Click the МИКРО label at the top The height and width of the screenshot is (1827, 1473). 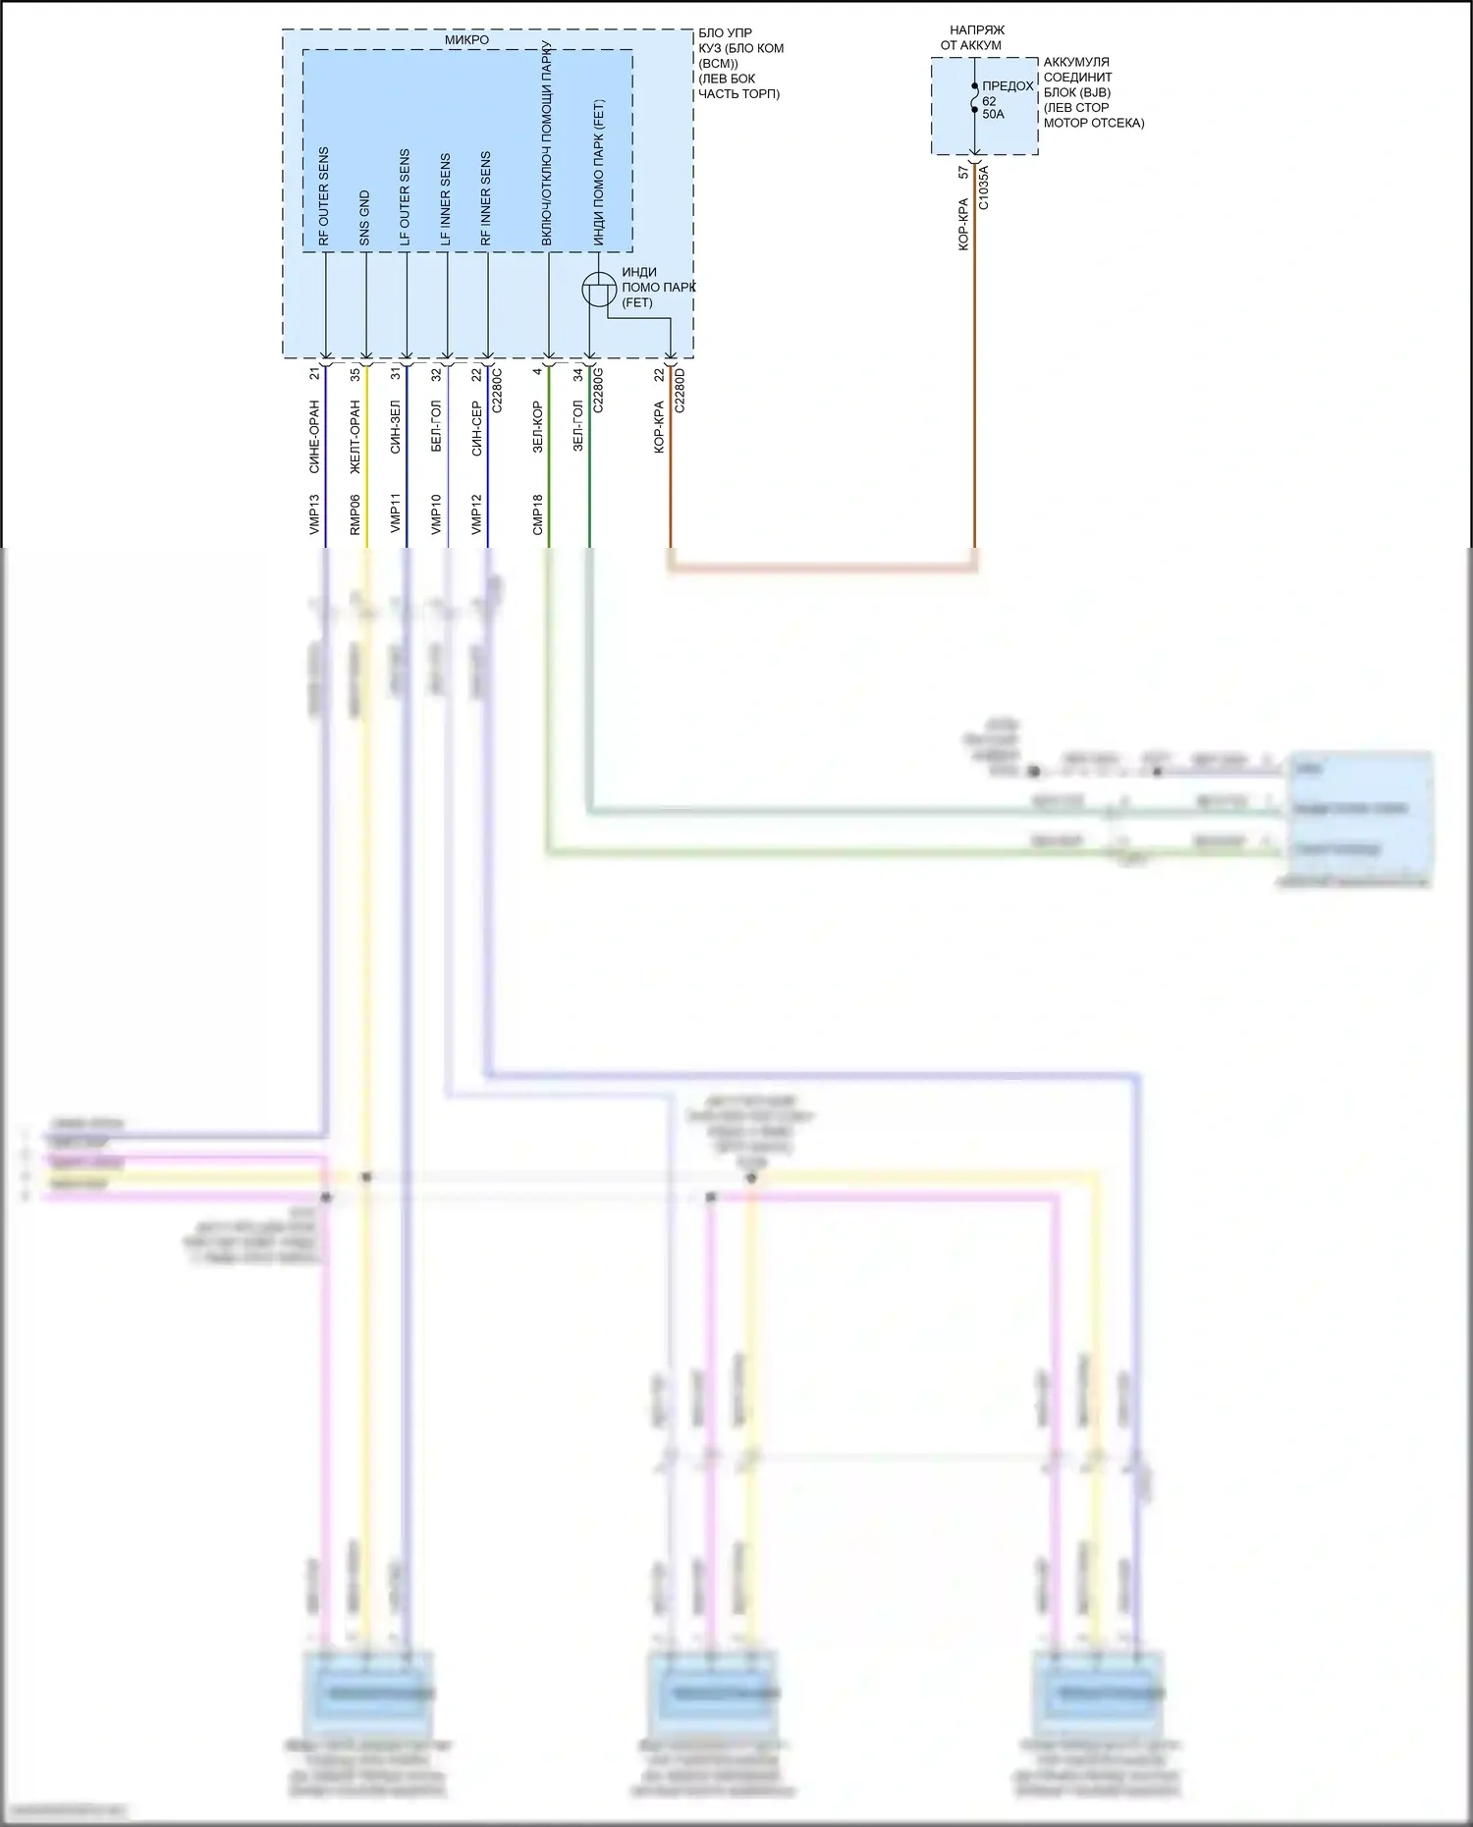466,40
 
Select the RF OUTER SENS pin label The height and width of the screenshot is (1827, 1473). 324,196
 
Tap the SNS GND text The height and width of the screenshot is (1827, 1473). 364,218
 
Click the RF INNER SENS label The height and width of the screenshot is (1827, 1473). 485,198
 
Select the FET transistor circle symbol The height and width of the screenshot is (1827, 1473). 599,290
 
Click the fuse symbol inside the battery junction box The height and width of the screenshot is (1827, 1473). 974,98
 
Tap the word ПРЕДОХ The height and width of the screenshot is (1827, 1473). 1008,86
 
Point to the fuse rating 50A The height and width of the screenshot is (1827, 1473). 993,115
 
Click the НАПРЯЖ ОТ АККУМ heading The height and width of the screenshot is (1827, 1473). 972,38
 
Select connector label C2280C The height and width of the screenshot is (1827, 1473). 497,390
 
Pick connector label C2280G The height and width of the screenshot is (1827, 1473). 598,390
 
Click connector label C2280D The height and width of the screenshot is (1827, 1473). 680,390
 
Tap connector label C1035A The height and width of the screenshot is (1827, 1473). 983,188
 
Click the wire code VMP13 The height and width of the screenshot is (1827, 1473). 315,513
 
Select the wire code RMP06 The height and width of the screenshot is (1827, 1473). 355,513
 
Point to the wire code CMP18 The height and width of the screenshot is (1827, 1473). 538,513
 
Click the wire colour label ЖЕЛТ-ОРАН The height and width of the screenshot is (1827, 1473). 355,437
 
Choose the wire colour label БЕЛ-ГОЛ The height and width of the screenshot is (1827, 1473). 436,426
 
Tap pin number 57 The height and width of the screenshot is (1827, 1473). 963,172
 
